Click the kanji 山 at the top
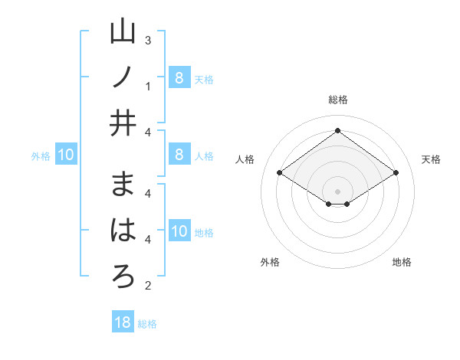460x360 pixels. pyautogui.click(x=123, y=33)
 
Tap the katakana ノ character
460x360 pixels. pyautogui.click(x=123, y=77)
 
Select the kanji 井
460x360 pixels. pyautogui.click(x=123, y=122)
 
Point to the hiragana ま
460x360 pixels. pyautogui.click(x=123, y=185)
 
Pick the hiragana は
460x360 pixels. pyautogui.click(x=123, y=230)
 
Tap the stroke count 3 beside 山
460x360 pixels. pyautogui.click(x=148, y=40)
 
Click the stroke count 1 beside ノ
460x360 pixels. pyautogui.click(x=148, y=86)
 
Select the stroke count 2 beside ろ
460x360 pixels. pyautogui.click(x=148, y=286)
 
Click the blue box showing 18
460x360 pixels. pyautogui.click(x=123, y=322)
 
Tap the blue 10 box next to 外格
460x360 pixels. pyautogui.click(x=66, y=155)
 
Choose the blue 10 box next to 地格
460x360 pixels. pyautogui.click(x=179, y=232)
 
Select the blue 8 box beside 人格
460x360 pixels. pyautogui.click(x=179, y=155)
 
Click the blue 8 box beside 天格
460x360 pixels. pyautogui.click(x=179, y=77)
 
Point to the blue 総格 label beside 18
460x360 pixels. pyautogui.click(x=147, y=324)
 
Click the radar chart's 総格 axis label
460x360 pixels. pyautogui.click(x=337, y=100)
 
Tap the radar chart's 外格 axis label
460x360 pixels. pyautogui.click(x=270, y=262)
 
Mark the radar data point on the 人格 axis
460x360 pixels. pyautogui.click(x=280, y=173)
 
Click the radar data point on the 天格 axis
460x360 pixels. pyautogui.click(x=396, y=173)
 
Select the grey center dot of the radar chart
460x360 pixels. pyautogui.click(x=337, y=191)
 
